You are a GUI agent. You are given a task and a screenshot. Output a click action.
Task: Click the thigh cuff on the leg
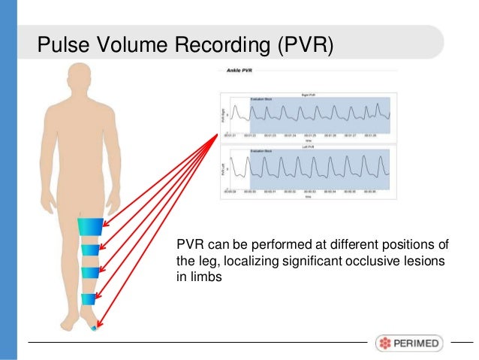pos(92,225)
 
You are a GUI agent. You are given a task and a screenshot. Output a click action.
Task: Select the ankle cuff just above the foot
pos(89,299)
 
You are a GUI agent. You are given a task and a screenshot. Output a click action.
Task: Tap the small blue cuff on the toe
pos(93,328)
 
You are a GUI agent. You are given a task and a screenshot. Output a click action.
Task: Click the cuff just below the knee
pos(91,249)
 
